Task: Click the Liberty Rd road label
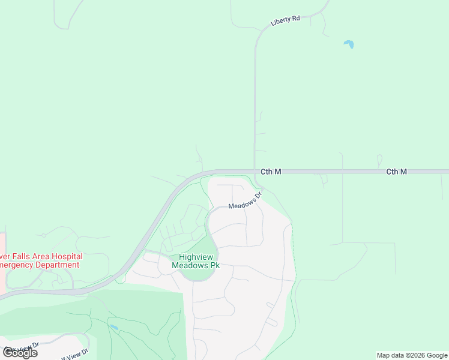click(285, 20)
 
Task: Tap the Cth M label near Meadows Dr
click(271, 172)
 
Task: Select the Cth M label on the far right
click(396, 172)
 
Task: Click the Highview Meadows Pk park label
click(196, 260)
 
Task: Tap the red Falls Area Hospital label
click(40, 257)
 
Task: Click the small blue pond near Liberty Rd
click(348, 44)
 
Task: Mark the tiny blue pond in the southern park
click(114, 328)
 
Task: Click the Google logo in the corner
click(20, 353)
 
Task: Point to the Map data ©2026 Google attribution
click(412, 355)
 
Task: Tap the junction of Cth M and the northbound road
click(255, 171)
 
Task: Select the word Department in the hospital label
click(57, 265)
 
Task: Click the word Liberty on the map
click(280, 22)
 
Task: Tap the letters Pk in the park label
click(214, 265)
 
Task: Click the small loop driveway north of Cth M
click(379, 160)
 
